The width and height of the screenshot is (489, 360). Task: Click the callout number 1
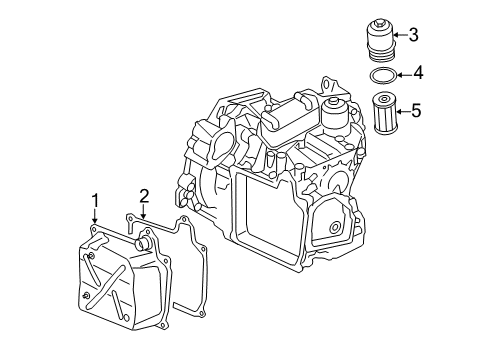tap(95, 201)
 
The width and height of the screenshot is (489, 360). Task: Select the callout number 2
tap(144, 196)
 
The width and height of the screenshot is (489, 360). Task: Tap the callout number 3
tap(413, 35)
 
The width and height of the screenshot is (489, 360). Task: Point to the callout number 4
tap(418, 73)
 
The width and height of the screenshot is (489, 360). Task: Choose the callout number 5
tap(416, 111)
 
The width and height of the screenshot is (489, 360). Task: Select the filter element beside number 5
tap(384, 113)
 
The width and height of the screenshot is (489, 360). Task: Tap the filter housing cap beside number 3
tap(380, 41)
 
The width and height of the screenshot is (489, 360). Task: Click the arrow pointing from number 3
tap(400, 35)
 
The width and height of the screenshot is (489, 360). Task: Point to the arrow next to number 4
tap(404, 74)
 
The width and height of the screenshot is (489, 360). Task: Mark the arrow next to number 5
tap(403, 112)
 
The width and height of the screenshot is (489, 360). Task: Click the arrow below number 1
tap(95, 216)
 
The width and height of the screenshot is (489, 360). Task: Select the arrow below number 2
tap(143, 212)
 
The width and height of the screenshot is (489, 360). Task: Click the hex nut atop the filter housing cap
tap(380, 23)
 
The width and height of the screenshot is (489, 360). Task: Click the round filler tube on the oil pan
tap(143, 243)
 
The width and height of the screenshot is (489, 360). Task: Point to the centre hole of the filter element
tap(384, 99)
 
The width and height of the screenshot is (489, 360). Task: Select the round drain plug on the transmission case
tap(334, 228)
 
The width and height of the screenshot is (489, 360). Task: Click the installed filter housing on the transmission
tap(335, 114)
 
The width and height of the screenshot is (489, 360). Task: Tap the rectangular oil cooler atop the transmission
tap(289, 118)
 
